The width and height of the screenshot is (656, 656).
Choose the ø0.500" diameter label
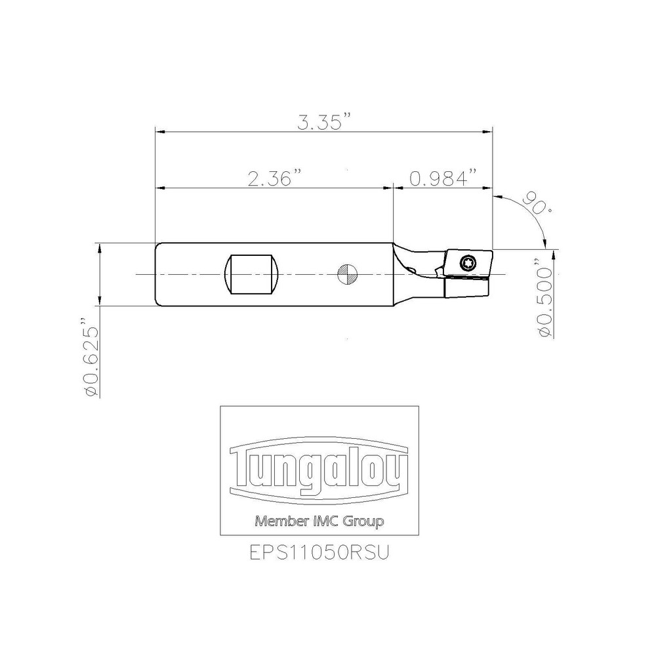546,298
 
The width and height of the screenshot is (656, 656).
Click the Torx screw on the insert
466,263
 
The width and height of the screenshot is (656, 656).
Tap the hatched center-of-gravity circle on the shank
347,274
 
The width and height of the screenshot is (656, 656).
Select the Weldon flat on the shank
252,274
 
